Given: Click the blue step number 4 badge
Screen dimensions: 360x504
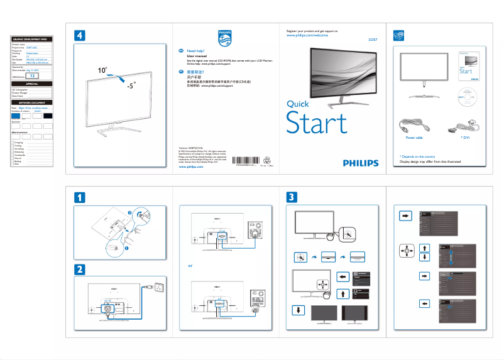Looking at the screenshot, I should (x=79, y=36).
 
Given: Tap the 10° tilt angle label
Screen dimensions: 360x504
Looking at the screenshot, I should (x=102, y=71).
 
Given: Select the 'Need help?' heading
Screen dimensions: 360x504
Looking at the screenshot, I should (x=197, y=50).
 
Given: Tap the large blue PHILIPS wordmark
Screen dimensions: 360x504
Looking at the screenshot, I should (x=361, y=163).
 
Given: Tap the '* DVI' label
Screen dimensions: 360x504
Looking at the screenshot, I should (x=466, y=136).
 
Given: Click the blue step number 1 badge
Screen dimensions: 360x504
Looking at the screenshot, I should (x=79, y=197).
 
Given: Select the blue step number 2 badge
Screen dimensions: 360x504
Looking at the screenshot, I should (x=79, y=269).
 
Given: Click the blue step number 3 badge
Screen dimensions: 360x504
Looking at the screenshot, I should (x=292, y=197).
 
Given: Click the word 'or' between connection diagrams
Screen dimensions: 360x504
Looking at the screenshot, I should (x=190, y=265).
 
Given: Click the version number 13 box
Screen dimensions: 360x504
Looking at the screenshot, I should (x=34, y=75).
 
